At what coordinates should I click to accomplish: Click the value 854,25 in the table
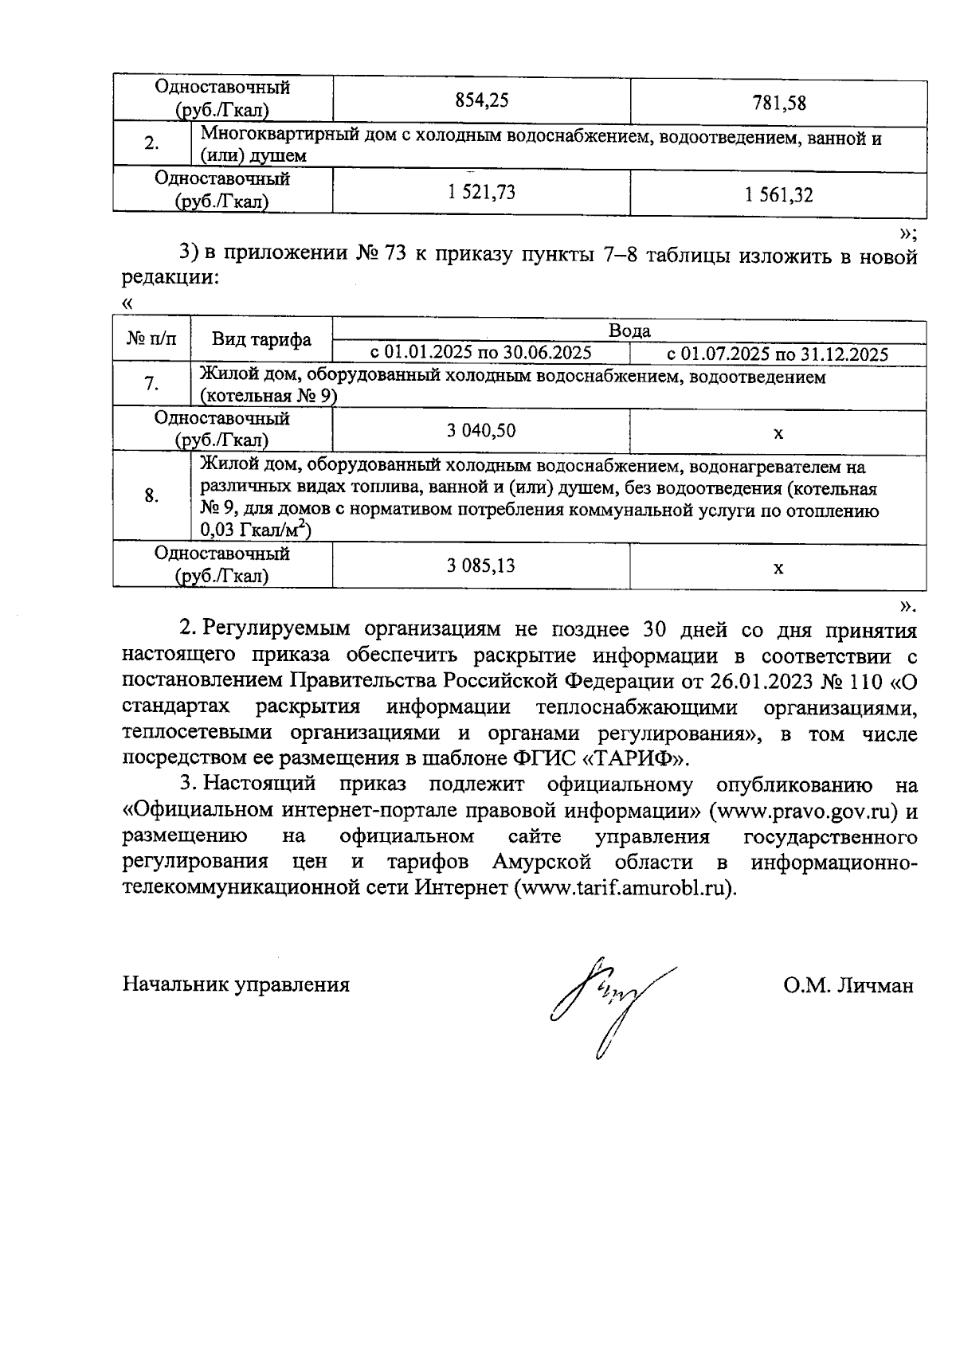pos(481,101)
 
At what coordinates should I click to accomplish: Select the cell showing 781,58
pos(778,103)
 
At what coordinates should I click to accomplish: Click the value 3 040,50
pos(481,431)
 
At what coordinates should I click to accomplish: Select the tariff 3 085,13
pos(481,565)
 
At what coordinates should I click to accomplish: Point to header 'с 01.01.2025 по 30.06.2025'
pos(480,353)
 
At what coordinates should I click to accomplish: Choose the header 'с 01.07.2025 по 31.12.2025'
pos(778,354)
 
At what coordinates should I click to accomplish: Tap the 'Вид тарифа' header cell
pos(261,340)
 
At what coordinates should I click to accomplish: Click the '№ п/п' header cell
pos(151,340)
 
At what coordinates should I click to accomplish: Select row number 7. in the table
pos(151,385)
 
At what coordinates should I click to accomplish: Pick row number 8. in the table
pos(151,495)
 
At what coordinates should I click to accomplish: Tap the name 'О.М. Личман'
pos(848,985)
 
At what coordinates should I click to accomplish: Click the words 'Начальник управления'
pos(236,984)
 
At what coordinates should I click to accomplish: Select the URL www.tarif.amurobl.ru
pos(627,888)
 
